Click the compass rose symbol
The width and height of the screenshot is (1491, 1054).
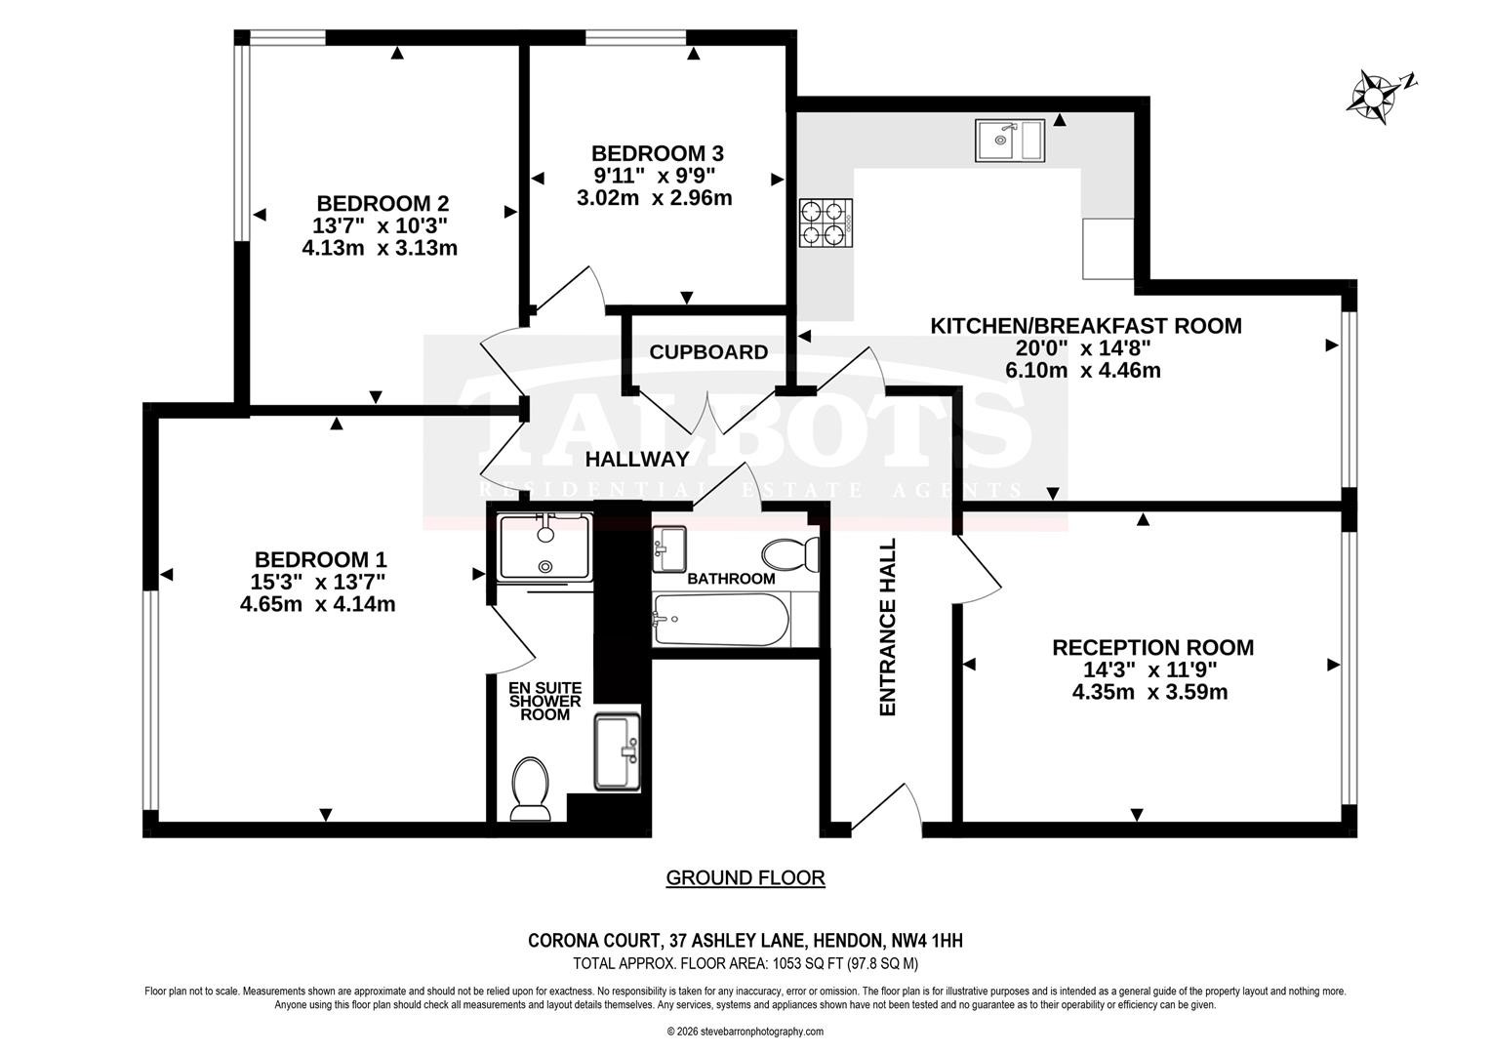[1376, 97]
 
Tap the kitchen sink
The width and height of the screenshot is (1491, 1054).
[1009, 140]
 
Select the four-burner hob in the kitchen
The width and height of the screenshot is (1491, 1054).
[826, 223]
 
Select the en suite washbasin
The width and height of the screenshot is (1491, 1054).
[618, 750]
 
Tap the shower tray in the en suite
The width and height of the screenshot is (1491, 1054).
[544, 547]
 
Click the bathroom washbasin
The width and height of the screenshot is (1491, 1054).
[669, 548]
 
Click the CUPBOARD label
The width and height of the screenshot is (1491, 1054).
[708, 352]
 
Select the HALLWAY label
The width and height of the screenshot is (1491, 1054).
[637, 459]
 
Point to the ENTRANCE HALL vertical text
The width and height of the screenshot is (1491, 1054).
[888, 628]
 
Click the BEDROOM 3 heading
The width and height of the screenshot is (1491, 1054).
[657, 153]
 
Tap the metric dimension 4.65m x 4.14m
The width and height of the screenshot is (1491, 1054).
[317, 604]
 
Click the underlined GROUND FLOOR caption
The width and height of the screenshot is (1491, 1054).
[745, 877]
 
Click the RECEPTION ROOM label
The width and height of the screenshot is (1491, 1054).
[1152, 647]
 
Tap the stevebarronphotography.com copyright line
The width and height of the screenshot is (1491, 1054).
[745, 1032]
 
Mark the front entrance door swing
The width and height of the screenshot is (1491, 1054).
[890, 810]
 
